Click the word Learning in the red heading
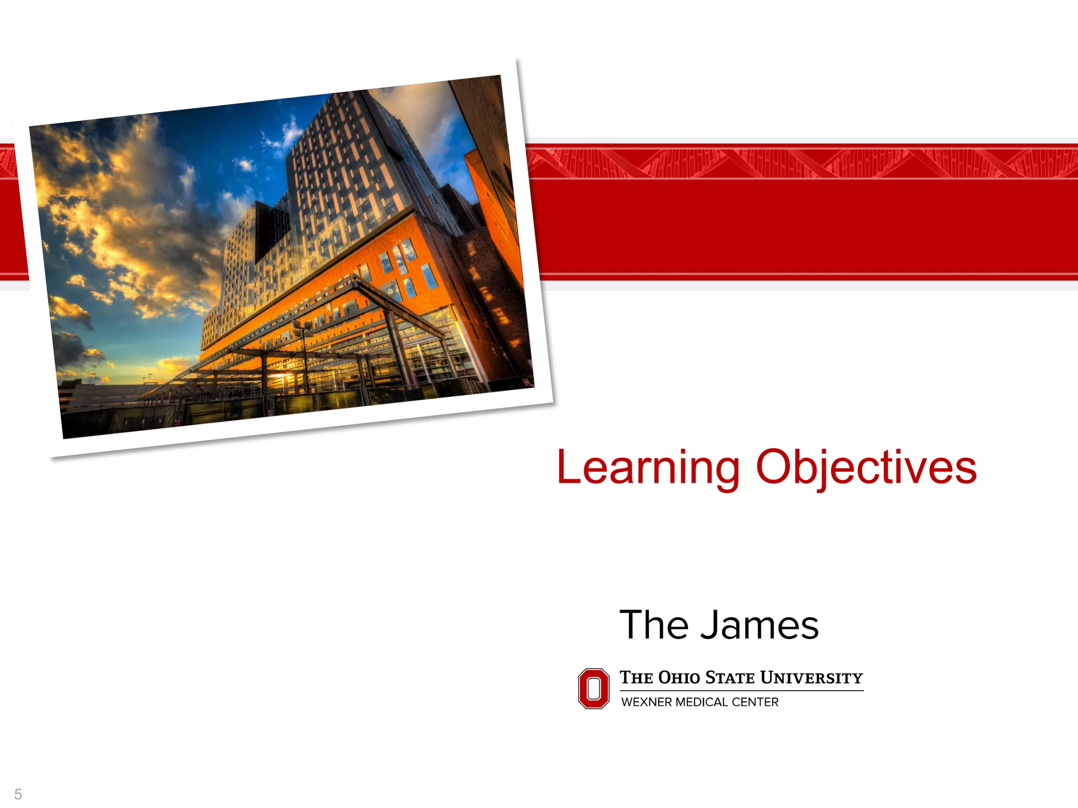[x=648, y=468]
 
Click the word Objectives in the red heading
[x=866, y=468]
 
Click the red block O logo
[x=594, y=689]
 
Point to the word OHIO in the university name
[x=680, y=678]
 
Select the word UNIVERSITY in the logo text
[x=812, y=678]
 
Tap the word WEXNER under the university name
[x=646, y=702]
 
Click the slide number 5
[x=18, y=794]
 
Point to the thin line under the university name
[x=742, y=690]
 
